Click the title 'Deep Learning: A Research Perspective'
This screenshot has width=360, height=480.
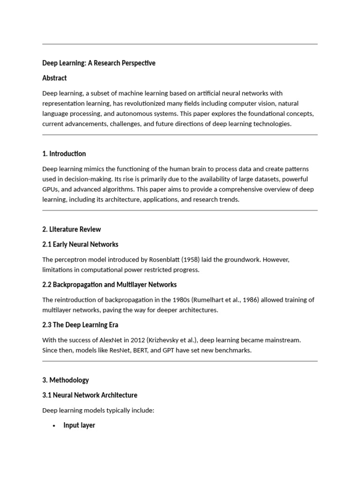click(x=98, y=63)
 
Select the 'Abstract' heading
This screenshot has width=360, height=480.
click(x=54, y=78)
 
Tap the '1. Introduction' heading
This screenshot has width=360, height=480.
click(x=64, y=154)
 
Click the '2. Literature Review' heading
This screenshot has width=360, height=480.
click(x=71, y=229)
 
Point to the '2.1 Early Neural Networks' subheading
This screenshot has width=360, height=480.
click(x=80, y=244)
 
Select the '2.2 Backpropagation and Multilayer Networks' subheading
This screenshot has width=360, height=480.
click(x=109, y=285)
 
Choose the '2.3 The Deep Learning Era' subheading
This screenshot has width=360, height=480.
click(x=80, y=325)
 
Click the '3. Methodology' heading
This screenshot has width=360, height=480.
click(x=65, y=380)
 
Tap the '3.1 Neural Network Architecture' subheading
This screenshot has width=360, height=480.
click(x=90, y=395)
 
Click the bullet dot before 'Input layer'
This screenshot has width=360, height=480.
click(x=54, y=426)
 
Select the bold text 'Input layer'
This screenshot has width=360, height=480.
click(x=79, y=425)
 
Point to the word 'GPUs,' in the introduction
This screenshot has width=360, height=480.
click(x=51, y=189)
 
